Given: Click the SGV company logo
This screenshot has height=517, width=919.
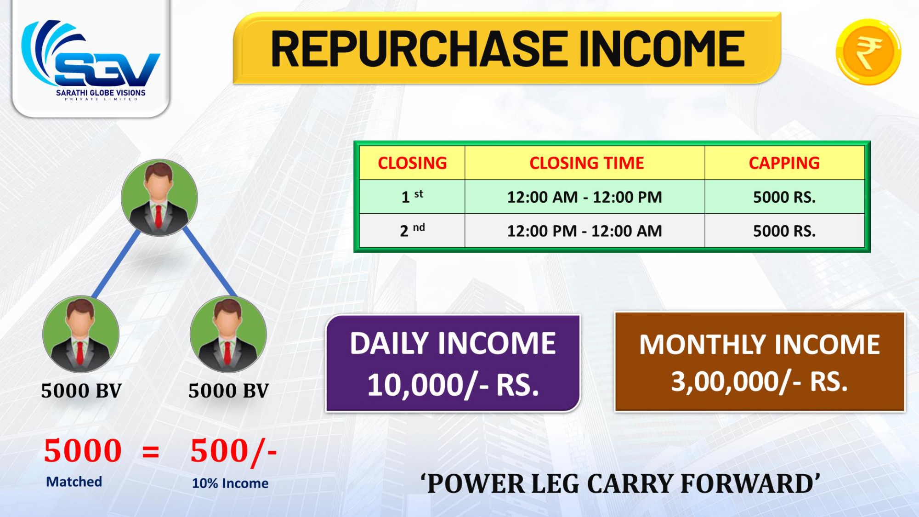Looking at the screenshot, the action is coord(91,60).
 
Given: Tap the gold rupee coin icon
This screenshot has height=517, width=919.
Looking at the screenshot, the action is coord(868,52).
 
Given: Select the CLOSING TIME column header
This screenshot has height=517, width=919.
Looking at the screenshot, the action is coord(586,163).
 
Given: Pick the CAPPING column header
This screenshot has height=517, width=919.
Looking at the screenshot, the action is coord(784,163).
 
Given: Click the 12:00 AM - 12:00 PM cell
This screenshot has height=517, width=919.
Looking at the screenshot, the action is coord(584,197).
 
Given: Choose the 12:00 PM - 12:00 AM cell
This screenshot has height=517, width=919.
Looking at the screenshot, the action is coord(584,231).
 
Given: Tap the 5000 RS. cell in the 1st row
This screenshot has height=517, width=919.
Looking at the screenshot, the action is coord(784,197).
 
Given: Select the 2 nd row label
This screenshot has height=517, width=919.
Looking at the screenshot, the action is coord(412,230).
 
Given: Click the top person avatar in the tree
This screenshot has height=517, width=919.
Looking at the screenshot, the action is coord(159,198).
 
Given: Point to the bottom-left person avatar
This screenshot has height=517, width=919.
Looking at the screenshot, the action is coord(81,334).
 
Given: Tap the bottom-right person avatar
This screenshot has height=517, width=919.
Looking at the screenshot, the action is coord(228,334).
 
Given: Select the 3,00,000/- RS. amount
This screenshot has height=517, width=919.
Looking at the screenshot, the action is coord(760,381).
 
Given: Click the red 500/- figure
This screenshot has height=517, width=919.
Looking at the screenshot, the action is coord(233,451).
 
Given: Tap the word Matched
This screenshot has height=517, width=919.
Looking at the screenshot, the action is coord(74,482).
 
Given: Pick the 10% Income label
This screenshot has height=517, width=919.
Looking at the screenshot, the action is coord(230,483).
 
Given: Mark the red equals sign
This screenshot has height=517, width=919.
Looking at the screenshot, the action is coord(151,452).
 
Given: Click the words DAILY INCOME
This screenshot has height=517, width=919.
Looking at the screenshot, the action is coord(453,343).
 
